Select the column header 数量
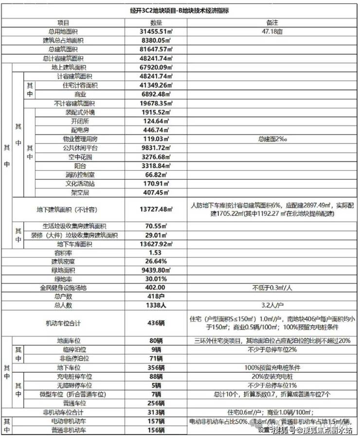[x=156, y=23]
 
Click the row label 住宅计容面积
[x=80, y=86]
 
